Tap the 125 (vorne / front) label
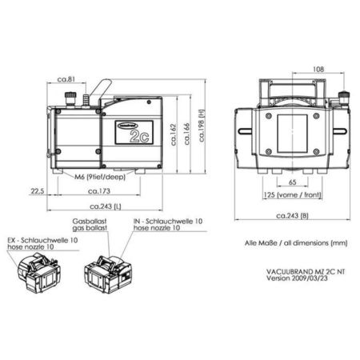tap(290, 194)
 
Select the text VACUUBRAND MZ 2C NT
tap(305, 271)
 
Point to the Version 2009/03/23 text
tap(297, 279)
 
